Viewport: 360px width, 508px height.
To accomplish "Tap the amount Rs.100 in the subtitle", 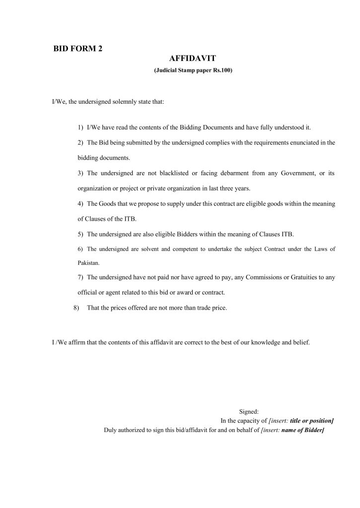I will [x=223, y=71].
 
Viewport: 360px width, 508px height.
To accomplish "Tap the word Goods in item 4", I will [x=107, y=204].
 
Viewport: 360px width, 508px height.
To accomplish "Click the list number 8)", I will [x=76, y=308].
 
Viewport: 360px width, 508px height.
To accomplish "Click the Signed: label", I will [x=249, y=411].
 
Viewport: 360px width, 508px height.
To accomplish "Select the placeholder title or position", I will [x=311, y=420].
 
